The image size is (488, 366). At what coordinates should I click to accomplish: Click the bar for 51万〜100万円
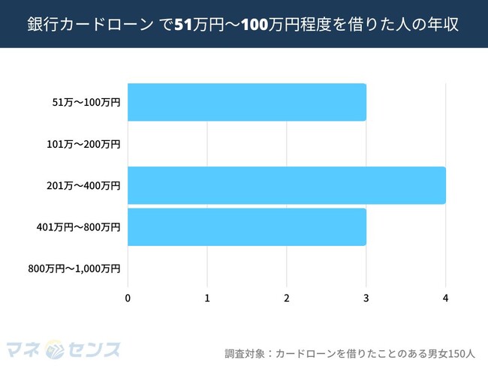coord(247,103)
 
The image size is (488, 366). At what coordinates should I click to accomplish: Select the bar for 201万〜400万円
coord(287,185)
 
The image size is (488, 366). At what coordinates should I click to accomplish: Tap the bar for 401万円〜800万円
coord(247,226)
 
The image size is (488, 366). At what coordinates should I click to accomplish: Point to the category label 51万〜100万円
coord(83,103)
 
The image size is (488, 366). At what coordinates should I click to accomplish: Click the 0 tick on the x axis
coord(128,298)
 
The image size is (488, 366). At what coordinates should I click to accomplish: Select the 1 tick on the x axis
coord(207,298)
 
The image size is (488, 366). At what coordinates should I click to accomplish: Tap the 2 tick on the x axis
coord(287,298)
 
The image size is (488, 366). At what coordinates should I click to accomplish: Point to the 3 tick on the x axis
coord(366,298)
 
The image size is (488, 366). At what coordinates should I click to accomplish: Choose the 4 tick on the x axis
coord(446,298)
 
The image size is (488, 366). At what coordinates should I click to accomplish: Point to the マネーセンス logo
coord(63,349)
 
